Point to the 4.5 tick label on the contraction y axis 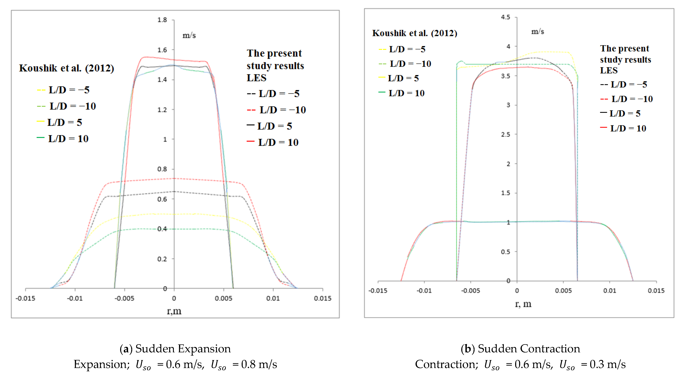505,17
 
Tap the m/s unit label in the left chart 189,35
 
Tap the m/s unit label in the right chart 537,32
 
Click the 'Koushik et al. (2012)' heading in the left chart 66,68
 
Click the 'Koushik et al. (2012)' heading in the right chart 414,33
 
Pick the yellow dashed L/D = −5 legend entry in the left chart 64,90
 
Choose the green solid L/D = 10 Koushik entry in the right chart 402,93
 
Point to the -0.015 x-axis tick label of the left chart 25,298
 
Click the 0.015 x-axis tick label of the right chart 656,290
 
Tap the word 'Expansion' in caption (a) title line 209,349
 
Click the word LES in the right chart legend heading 609,70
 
